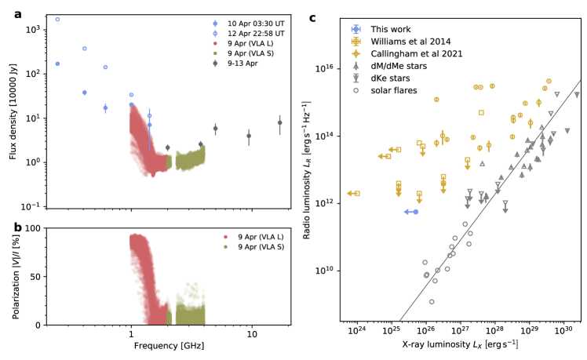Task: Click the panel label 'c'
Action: [x=312, y=18]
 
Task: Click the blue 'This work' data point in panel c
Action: [x=415, y=212]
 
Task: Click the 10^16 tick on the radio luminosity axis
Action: [x=326, y=69]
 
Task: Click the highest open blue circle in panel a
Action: [x=57, y=19]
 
